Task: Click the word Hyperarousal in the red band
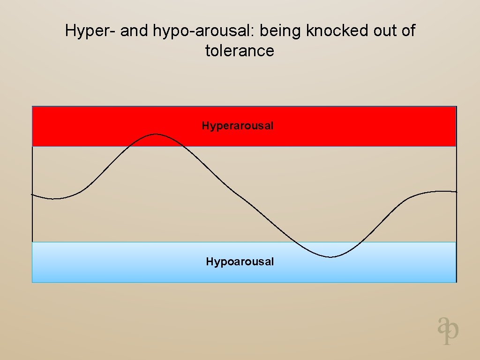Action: (238, 126)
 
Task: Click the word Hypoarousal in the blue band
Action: (240, 262)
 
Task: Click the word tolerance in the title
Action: (240, 50)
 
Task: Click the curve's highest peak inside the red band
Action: (156, 135)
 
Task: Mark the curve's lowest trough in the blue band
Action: (331, 257)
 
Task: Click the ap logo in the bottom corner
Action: (448, 330)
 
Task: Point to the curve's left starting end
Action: (32, 194)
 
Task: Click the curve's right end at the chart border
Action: (456, 192)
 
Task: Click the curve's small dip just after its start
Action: (54, 199)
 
